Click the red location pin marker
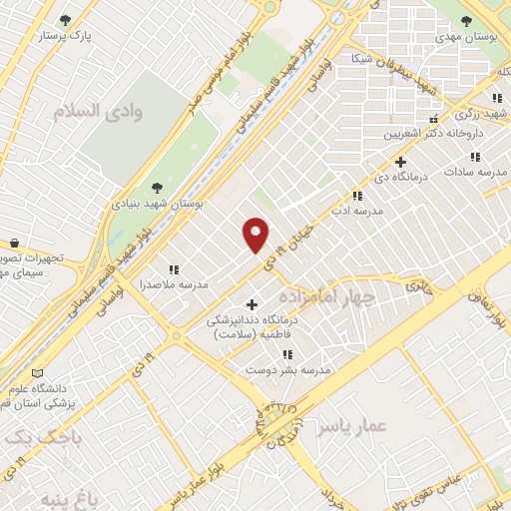(256, 234)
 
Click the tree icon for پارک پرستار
(66, 20)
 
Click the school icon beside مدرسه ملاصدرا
(174, 268)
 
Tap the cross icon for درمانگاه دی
(400, 162)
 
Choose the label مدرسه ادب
(356, 211)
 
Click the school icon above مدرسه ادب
(357, 196)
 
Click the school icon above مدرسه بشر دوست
(287, 354)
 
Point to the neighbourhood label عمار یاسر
(351, 427)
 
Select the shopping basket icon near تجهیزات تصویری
(14, 243)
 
